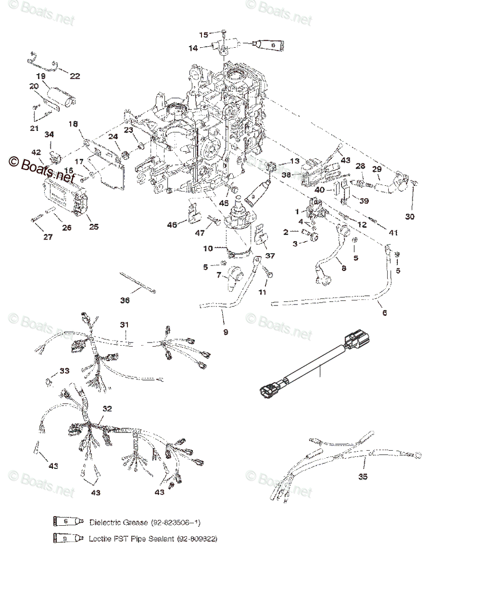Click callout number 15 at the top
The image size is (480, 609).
tap(203, 35)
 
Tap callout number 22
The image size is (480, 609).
tap(75, 76)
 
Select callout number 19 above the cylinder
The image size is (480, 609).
tap(41, 76)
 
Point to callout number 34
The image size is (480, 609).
tap(49, 134)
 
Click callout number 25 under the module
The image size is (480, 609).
tap(93, 226)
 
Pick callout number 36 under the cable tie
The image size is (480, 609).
tap(125, 300)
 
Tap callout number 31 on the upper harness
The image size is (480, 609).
tap(125, 324)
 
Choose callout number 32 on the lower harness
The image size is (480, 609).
tap(107, 409)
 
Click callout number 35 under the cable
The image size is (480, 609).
tap(363, 477)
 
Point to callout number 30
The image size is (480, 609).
tap(410, 216)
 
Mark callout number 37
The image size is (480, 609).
tap(270, 256)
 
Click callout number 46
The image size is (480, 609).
tap(172, 224)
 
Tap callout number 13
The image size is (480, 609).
tap(295, 161)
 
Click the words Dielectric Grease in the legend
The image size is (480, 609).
tap(118, 522)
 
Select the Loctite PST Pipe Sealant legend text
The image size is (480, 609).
tap(132, 538)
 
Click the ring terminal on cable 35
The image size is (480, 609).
tap(417, 455)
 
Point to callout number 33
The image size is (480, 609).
tap(64, 371)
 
